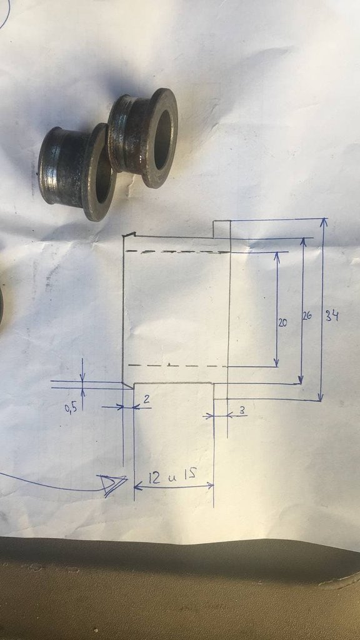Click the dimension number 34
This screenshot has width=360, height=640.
pyautogui.click(x=332, y=316)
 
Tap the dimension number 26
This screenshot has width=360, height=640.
pyautogui.click(x=307, y=316)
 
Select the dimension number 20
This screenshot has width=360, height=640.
pyautogui.click(x=282, y=323)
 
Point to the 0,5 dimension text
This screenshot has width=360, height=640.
pyautogui.click(x=71, y=408)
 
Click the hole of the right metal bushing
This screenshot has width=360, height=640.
pyautogui.click(x=162, y=139)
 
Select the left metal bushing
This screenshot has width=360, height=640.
pyautogui.click(x=77, y=171)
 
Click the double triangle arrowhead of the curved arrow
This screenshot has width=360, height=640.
pyautogui.click(x=112, y=484)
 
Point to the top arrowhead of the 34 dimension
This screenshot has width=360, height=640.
pyautogui.click(x=324, y=222)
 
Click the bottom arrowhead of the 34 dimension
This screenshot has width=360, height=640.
pyautogui.click(x=321, y=397)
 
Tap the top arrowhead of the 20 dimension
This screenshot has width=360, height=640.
pyautogui.click(x=277, y=256)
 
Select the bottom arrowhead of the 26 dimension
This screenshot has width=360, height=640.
pyautogui.click(x=301, y=379)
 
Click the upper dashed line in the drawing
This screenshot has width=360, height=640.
pyautogui.click(x=177, y=252)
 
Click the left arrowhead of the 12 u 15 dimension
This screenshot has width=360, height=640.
pyautogui.click(x=137, y=486)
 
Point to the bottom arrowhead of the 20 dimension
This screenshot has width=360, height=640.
pyautogui.click(x=276, y=362)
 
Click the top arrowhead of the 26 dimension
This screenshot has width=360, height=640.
pyautogui.click(x=303, y=242)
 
